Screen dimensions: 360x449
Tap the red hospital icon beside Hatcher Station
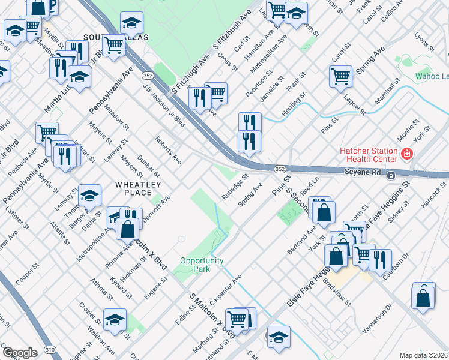[407, 154]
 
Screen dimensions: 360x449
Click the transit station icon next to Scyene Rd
[391, 175]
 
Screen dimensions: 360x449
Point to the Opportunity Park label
[202, 265]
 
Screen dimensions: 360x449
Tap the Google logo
[20, 353]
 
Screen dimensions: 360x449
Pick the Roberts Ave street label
[168, 150]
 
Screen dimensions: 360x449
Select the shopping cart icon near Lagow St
[340, 76]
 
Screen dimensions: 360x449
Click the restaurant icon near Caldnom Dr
[380, 259]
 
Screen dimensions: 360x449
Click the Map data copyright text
[424, 355]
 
